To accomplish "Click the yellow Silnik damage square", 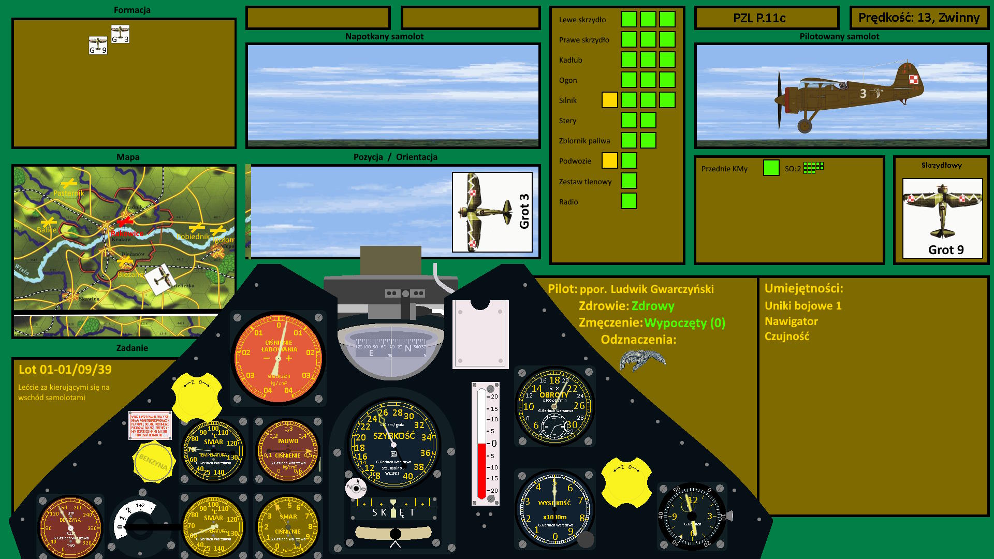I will [609, 100].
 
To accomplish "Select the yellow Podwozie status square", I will [609, 160].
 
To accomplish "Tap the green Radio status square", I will [628, 201].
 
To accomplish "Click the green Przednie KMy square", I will [771, 168].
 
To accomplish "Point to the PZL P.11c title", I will [759, 18].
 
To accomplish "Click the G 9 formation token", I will [98, 46].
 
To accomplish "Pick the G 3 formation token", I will [120, 34].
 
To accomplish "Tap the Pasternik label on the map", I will [68, 193].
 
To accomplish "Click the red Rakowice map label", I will [127, 233].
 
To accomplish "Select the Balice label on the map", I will [46, 230].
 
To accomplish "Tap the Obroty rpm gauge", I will [554, 406].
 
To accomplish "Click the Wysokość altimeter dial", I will [554, 510].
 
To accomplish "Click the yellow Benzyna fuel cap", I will [153, 462].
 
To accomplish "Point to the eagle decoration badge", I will [642, 359].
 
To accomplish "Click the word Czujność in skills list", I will [786, 336].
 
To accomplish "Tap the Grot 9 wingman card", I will [942, 218].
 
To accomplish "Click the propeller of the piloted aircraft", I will [779, 100].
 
